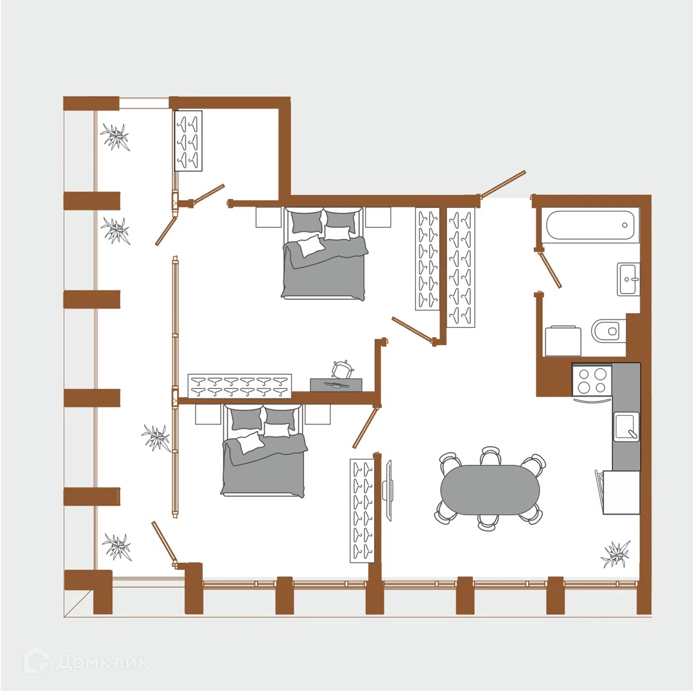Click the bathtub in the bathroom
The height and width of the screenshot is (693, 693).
591,225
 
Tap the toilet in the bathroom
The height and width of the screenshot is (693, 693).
608,330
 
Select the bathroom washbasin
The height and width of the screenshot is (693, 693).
628,279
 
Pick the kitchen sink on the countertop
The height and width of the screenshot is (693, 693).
626,426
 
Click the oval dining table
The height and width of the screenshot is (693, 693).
490,490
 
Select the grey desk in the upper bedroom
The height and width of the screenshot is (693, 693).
336,384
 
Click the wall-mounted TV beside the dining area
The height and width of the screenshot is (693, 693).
388,491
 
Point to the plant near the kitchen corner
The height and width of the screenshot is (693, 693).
615,554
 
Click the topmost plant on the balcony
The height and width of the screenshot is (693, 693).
116,137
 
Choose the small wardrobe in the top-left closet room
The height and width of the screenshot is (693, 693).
188,141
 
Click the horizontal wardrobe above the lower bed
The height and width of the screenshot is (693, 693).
239,386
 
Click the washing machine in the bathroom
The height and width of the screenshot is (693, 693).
563,341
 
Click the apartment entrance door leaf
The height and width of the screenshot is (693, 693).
504,183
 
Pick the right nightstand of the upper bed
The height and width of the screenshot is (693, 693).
378,218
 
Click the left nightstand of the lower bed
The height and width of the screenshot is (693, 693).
208,415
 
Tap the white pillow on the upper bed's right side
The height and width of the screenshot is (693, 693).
338,233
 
